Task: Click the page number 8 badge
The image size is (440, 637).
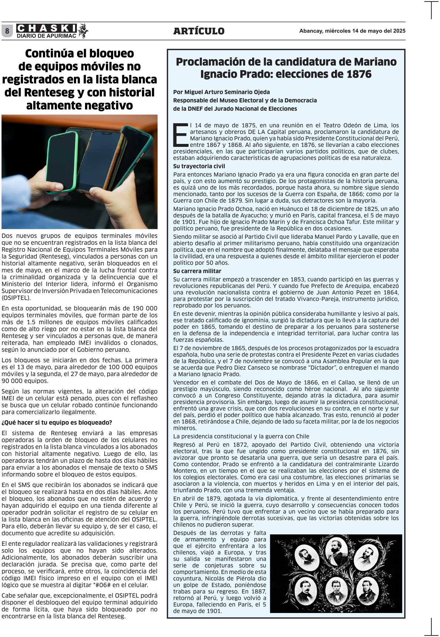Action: click(x=7, y=31)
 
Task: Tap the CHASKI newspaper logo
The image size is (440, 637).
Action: click(x=47, y=28)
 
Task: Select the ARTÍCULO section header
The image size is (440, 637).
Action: click(x=199, y=31)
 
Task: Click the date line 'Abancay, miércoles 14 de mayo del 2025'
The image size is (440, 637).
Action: click(x=352, y=31)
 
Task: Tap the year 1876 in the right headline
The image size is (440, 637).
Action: click(x=359, y=74)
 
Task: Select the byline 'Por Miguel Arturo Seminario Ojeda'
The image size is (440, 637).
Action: click(x=221, y=92)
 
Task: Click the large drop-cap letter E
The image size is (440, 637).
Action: click(x=181, y=135)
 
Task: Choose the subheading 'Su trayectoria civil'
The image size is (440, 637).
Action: click(x=199, y=166)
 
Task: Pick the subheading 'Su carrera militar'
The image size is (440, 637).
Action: click(x=197, y=271)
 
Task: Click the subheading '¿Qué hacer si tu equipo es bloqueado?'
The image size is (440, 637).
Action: click(x=57, y=423)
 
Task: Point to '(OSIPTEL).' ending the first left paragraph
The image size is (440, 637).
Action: click(x=16, y=298)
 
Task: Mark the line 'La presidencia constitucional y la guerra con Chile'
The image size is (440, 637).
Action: click(x=241, y=436)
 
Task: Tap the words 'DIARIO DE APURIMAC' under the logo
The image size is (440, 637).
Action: click(x=47, y=36)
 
